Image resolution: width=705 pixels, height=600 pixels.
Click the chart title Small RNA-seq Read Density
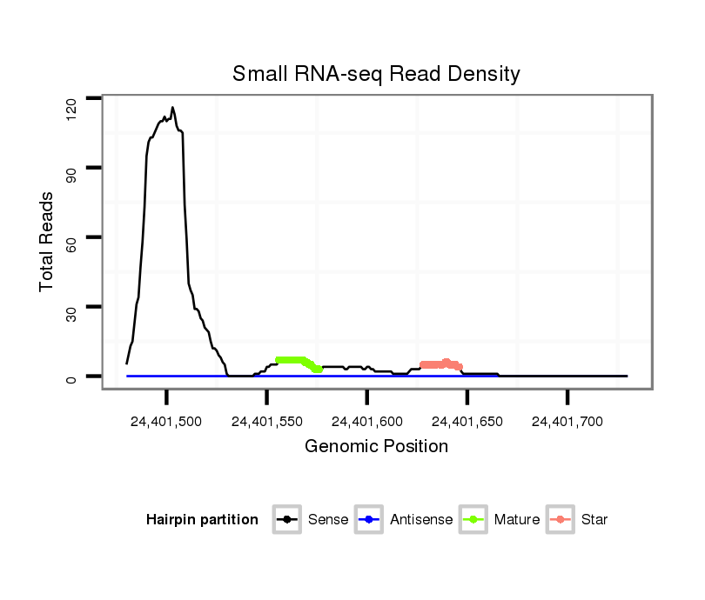376,74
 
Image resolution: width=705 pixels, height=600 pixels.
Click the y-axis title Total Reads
50,241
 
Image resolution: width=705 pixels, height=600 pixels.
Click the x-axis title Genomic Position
376,447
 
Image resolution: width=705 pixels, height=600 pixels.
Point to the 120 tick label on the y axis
70,106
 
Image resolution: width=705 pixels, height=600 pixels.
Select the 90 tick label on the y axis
70,168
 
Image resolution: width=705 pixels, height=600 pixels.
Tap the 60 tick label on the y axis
70,237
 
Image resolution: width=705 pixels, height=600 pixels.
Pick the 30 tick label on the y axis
70,307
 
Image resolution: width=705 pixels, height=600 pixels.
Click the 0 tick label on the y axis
70,377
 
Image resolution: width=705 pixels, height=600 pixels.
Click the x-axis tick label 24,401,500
165,422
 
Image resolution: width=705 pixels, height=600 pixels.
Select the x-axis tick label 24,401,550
266,422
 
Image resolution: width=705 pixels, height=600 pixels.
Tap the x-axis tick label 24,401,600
366,422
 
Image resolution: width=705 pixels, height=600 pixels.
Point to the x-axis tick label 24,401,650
467,422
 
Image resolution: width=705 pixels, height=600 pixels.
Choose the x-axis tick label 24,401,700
567,422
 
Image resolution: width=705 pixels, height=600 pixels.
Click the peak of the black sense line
172,108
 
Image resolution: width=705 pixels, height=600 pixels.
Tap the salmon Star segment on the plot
440,364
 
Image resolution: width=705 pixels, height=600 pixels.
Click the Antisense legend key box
370,520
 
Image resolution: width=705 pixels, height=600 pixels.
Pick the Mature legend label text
517,520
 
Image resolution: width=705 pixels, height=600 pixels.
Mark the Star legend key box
561,520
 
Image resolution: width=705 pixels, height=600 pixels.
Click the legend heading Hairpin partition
202,520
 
